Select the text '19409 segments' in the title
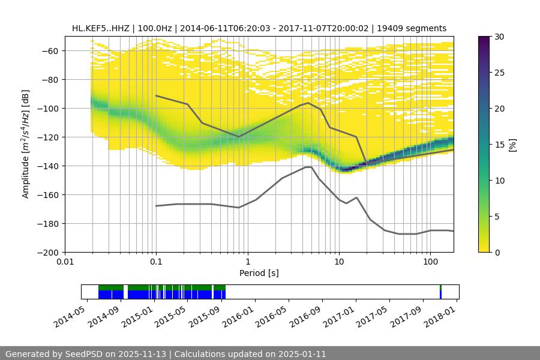(416, 28)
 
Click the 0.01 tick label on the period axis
(65, 262)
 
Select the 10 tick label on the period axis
(339, 262)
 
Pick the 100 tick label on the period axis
(430, 262)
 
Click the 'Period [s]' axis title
(259, 273)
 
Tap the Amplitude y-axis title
(26, 144)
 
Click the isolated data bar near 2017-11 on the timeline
(440, 292)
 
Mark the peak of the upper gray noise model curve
(308, 103)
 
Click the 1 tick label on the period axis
(247, 262)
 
